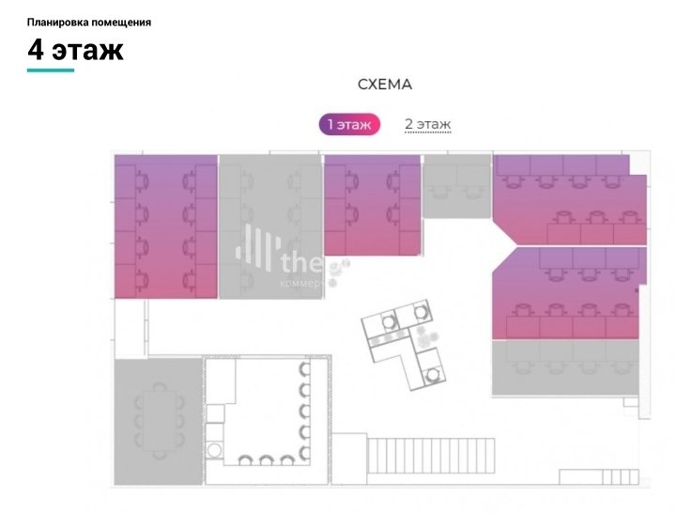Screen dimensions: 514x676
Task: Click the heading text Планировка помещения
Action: pyautogui.click(x=89, y=22)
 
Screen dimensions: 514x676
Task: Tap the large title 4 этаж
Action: pyautogui.click(x=75, y=50)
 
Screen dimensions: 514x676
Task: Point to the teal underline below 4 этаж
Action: pyautogui.click(x=51, y=70)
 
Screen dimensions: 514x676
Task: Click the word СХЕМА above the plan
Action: pyautogui.click(x=385, y=85)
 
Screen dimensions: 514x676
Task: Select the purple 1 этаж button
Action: pyautogui.click(x=348, y=125)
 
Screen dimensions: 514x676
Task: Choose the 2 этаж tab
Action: pyautogui.click(x=427, y=124)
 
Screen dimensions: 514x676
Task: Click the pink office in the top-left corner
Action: pyautogui.click(x=165, y=226)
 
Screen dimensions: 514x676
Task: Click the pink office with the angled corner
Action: pyautogui.click(x=569, y=293)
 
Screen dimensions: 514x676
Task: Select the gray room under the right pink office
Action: pyautogui.click(x=567, y=367)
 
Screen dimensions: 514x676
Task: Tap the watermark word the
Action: pyautogui.click(x=300, y=260)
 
